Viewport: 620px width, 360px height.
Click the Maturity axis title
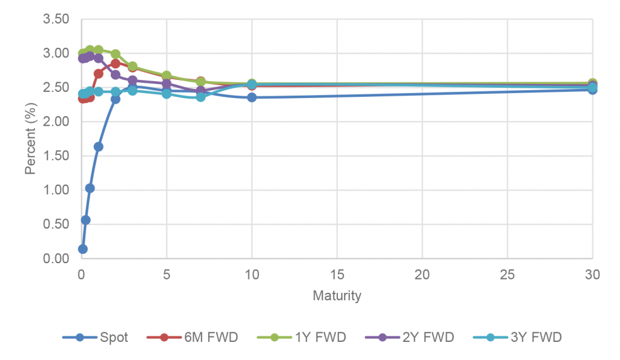[337, 296]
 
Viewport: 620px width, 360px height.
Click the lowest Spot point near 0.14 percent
[83, 249]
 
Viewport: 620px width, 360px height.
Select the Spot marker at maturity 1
[98, 146]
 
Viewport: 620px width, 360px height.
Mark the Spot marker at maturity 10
[252, 97]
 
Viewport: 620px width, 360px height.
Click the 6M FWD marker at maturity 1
[98, 73]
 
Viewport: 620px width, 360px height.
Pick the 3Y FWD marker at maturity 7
[200, 97]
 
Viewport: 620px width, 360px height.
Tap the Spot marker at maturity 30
[593, 90]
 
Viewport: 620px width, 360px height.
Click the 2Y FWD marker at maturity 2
[115, 74]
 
